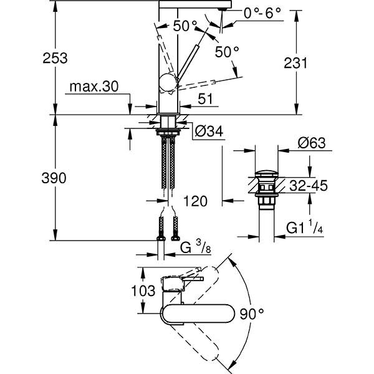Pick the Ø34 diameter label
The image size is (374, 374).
click(209, 132)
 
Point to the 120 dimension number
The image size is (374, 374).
click(194, 201)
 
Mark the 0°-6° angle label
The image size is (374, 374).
click(244, 12)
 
